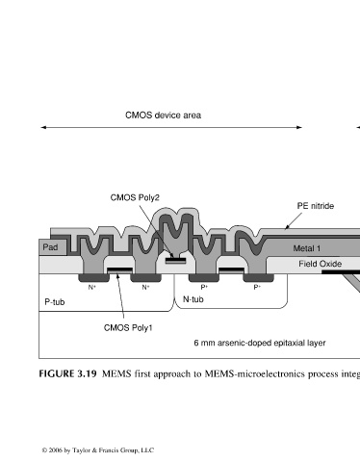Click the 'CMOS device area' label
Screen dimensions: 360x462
pyautogui.click(x=163, y=115)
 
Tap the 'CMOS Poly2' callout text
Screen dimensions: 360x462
pyautogui.click(x=135, y=197)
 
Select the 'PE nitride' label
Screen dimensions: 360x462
pyautogui.click(x=316, y=206)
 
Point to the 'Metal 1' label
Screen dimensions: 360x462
pyautogui.click(x=307, y=248)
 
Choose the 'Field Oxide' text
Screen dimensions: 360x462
pyautogui.click(x=321, y=264)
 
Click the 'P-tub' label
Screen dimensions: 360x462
pyautogui.click(x=55, y=302)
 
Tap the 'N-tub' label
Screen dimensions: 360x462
pyautogui.click(x=193, y=299)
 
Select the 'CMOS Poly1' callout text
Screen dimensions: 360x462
pyautogui.click(x=128, y=327)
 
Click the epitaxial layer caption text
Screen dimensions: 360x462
pyautogui.click(x=260, y=343)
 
